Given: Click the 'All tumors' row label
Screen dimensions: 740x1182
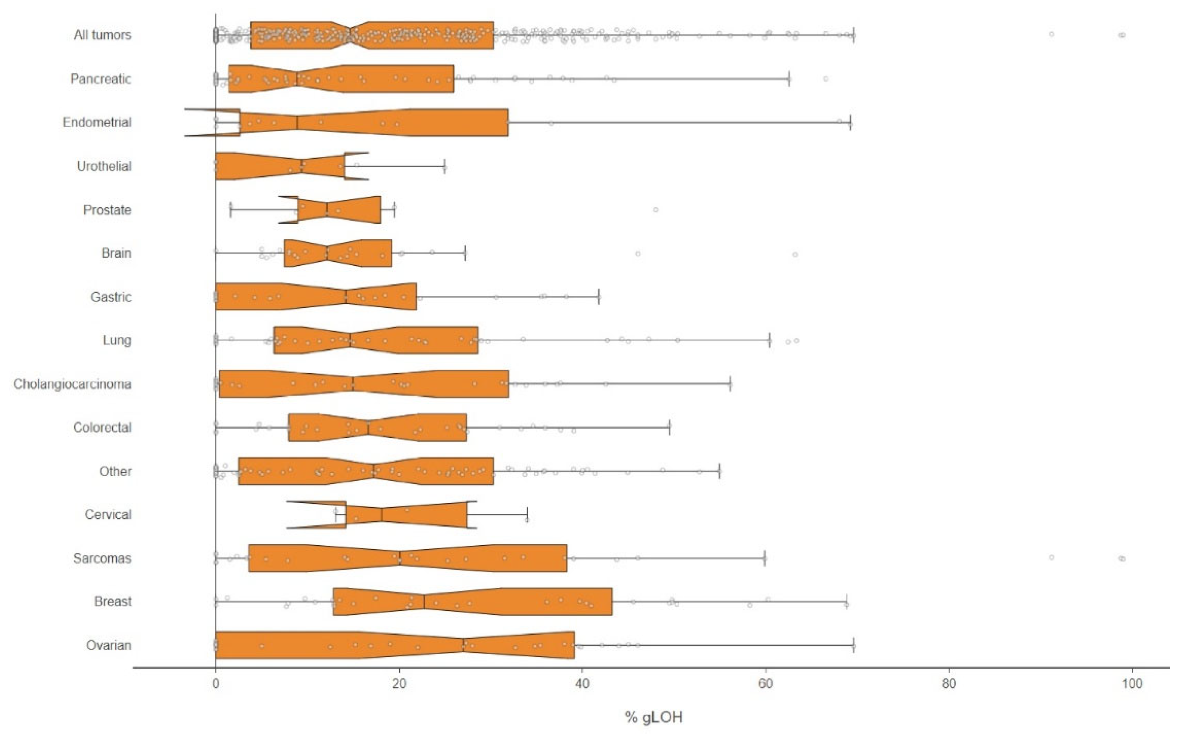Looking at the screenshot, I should tap(102, 35).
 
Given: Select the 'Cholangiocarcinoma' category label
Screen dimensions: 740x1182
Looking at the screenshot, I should tap(73, 384).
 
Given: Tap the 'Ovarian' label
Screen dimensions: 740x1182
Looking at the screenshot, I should tap(109, 646).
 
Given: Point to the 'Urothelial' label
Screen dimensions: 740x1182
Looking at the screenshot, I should tap(104, 167).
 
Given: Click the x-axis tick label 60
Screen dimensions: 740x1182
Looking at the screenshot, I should tap(765, 684).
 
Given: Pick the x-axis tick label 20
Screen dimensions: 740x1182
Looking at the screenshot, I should tap(399, 684).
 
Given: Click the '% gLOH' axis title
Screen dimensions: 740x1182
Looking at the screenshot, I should tap(654, 717).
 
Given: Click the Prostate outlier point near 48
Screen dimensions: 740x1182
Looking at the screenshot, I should tap(655, 210).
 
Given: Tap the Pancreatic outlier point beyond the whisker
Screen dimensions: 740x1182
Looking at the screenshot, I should tap(826, 79).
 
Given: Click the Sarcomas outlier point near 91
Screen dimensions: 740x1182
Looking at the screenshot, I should tap(1051, 558).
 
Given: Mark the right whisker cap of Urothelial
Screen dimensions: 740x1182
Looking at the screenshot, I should tap(444, 167).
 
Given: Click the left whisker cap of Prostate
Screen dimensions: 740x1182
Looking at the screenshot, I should tap(230, 210).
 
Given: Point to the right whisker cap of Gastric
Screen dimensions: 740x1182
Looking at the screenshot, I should tap(599, 297).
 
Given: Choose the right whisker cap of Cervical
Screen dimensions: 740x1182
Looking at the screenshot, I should tap(527, 515).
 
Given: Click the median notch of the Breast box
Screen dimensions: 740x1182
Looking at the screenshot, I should tap(424, 601).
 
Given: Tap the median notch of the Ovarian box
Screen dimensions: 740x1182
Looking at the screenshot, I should tap(463, 645).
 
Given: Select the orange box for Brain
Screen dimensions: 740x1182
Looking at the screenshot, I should tap(338, 253).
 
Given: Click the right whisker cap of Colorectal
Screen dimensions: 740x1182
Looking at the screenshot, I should tap(669, 427).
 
